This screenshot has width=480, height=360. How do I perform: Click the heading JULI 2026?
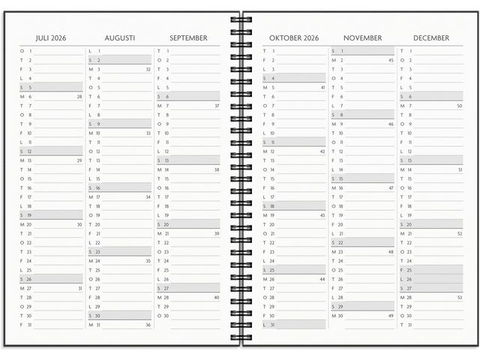[52, 37]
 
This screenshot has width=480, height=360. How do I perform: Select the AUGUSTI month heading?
[120, 37]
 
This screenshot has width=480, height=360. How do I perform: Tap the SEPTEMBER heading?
[189, 37]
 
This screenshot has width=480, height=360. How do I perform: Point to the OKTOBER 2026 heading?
[294, 37]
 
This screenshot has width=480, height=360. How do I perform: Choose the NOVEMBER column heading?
[362, 37]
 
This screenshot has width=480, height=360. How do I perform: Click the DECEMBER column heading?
[431, 37]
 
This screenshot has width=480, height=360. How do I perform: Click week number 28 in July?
[79, 97]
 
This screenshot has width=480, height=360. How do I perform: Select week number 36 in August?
[148, 325]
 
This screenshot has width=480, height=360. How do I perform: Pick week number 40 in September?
[216, 298]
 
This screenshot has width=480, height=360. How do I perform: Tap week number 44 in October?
[322, 279]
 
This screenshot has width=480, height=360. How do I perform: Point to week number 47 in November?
[391, 188]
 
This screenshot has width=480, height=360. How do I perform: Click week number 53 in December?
[459, 298]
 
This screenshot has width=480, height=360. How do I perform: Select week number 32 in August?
[148, 69]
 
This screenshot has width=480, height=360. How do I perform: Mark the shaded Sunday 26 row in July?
[51, 279]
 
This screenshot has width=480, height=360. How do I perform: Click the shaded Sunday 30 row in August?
[120, 316]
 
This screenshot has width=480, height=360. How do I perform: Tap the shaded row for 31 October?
[294, 325]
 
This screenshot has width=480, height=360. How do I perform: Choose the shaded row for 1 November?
[362, 51]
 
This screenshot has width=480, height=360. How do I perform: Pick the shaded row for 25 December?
[431, 270]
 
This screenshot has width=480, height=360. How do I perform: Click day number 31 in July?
[29, 325]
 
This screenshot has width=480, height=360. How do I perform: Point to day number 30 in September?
[166, 316]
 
